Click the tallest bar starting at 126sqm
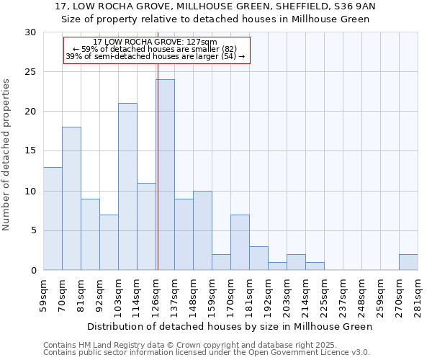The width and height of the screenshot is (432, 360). pos(165,175)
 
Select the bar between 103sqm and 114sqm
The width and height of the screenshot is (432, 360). pos(127,186)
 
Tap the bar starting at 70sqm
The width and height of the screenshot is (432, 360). pos(71,199)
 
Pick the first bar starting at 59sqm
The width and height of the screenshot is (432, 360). pos(53,218)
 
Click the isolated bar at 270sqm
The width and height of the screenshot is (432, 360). pos(408,262)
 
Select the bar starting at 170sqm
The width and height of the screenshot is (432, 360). pos(240,243)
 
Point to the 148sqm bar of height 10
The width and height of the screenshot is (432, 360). pos(202,230)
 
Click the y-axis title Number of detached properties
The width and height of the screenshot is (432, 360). pos(7,156)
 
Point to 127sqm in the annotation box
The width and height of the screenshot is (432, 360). pos(193,42)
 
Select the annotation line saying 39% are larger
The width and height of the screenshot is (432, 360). pos(156,56)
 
